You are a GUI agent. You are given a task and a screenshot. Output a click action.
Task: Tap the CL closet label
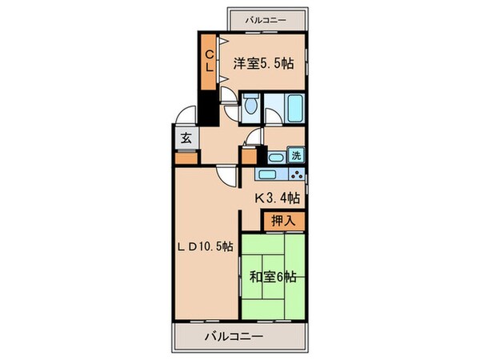[206, 61]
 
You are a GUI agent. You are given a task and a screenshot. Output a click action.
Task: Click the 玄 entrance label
[186, 138]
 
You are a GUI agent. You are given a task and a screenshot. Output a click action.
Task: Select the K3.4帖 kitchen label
[277, 198]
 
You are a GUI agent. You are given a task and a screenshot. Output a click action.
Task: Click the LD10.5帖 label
[205, 247]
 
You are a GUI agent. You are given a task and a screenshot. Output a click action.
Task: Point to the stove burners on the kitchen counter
[297, 174]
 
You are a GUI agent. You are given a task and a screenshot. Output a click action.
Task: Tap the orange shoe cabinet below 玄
[186, 157]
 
